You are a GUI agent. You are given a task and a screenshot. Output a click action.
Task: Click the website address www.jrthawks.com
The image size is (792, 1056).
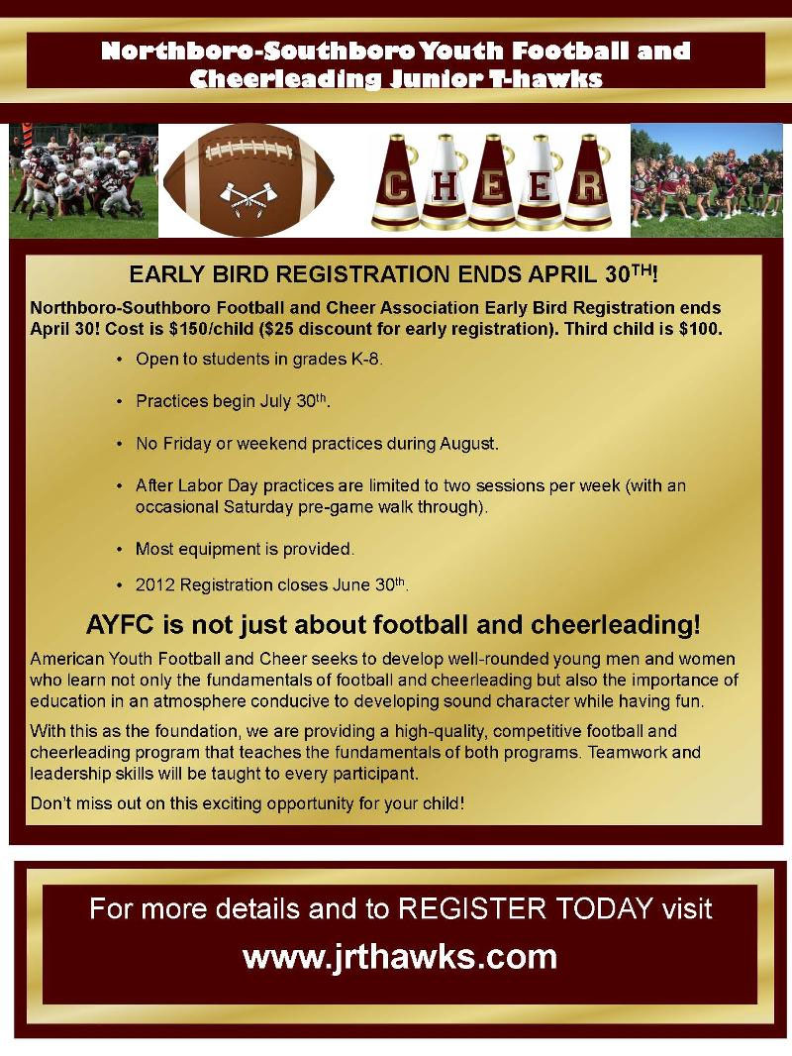click(x=400, y=957)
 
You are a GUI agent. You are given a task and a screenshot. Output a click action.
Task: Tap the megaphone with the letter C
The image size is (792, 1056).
click(x=396, y=182)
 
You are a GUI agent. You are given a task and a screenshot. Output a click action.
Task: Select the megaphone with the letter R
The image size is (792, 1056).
click(x=587, y=182)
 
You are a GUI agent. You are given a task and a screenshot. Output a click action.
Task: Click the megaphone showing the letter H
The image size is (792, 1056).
click(x=445, y=182)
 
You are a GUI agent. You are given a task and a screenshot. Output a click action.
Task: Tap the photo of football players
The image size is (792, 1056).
click(x=83, y=180)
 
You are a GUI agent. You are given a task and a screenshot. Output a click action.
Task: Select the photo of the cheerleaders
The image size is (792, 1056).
click(x=707, y=180)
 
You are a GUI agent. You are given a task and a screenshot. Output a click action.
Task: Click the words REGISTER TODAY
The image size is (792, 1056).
click(x=526, y=908)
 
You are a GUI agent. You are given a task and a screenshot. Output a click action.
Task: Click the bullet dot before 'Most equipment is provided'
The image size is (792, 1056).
click(x=120, y=550)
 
